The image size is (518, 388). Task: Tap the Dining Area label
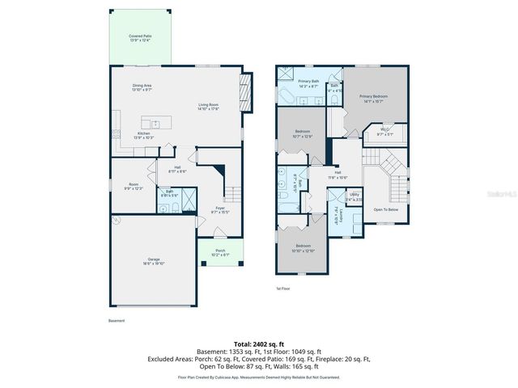(x=142, y=86)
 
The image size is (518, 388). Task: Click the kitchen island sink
(x=156, y=124)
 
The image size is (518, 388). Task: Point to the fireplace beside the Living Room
(x=248, y=86)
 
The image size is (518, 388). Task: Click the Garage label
(x=154, y=262)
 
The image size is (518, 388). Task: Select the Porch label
(x=220, y=252)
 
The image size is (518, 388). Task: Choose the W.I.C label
(x=384, y=132)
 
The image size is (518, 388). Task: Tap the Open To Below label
(x=385, y=209)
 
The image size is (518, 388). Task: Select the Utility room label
(x=355, y=196)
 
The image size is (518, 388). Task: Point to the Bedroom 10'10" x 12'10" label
(x=304, y=247)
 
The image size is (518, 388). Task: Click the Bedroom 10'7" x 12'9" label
(x=303, y=134)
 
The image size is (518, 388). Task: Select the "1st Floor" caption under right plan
(x=283, y=288)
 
